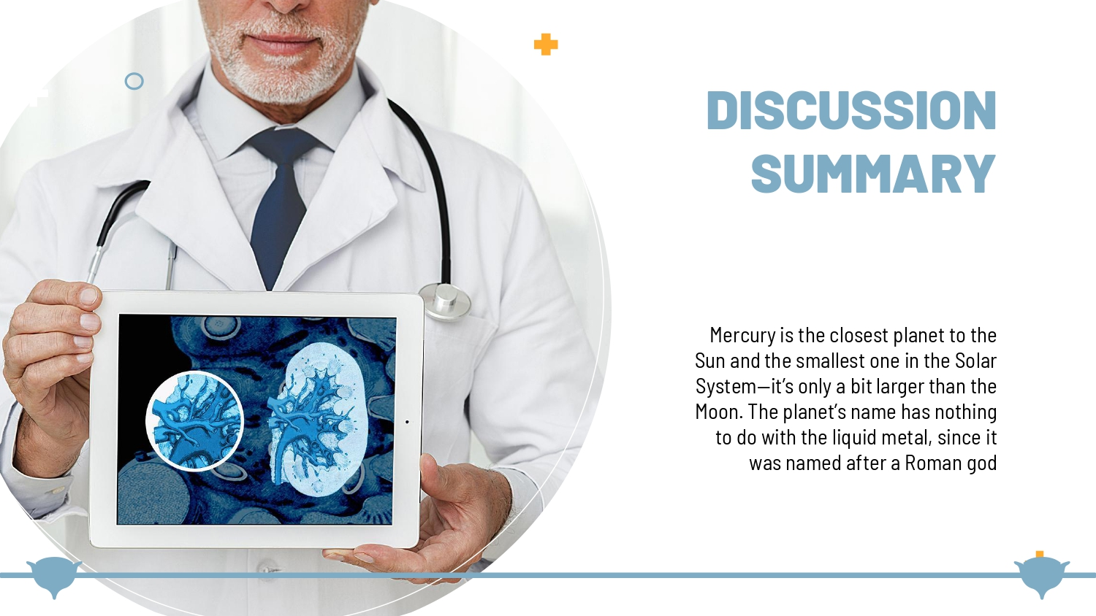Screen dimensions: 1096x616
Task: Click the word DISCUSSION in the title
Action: point(851,110)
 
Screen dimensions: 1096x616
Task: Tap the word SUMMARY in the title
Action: point(874,174)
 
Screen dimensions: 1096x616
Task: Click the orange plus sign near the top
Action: point(546,45)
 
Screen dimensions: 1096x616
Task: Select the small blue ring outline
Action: point(134,81)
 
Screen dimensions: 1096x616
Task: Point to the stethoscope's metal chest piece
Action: point(445,301)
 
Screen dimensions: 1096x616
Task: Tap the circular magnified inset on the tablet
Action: point(195,421)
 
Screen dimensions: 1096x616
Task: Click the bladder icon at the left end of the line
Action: point(54,577)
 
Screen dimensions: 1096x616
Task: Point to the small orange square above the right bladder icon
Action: point(1040,555)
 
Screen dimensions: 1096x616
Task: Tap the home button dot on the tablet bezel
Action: point(407,422)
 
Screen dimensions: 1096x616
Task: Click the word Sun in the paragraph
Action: point(710,361)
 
